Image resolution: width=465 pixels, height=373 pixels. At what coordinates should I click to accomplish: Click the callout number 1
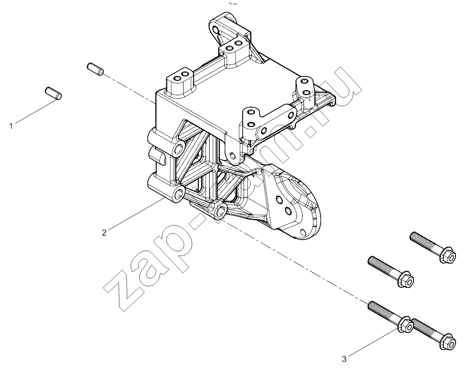point(11,126)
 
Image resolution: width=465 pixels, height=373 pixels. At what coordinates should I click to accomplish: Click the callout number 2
point(104,233)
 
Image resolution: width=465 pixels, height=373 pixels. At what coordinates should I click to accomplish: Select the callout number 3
point(344,359)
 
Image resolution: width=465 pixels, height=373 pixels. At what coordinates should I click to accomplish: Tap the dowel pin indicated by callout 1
point(53,93)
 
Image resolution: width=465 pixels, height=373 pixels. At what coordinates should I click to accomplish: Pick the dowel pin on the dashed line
point(95,69)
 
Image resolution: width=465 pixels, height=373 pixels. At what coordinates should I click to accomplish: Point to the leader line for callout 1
point(35,111)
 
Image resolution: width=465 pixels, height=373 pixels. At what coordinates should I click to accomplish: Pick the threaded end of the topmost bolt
point(421,240)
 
